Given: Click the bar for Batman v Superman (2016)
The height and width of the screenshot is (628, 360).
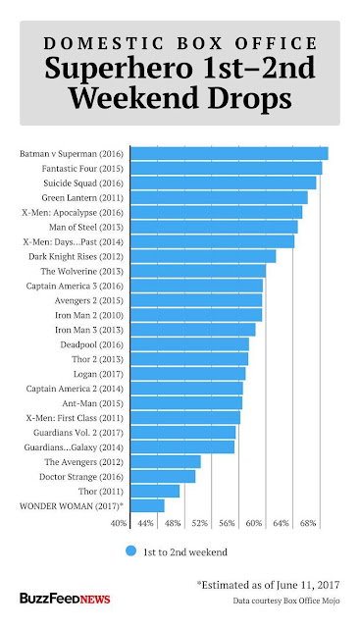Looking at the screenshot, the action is point(230,154).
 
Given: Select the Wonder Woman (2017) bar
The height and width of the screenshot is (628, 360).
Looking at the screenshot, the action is point(147,506).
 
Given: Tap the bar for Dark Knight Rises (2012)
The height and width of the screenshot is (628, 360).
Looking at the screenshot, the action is point(203,256).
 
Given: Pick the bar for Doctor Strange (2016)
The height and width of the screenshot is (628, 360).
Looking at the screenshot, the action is point(163,477).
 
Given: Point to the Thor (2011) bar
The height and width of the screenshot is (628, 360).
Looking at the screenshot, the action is point(155,491).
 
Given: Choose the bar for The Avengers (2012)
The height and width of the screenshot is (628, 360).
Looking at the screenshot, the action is point(166,462).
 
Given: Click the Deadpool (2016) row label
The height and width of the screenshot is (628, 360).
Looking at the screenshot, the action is point(91,344).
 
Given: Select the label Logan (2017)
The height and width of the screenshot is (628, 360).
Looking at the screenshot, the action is point(98,374).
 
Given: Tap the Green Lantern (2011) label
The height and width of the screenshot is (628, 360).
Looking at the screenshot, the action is point(82,198).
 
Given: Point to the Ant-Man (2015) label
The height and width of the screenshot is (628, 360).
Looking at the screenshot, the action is point(92,403).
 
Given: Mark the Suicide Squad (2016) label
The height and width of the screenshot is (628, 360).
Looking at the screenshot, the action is point(83,183).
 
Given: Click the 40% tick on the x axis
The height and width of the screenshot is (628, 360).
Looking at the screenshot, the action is point(119,523).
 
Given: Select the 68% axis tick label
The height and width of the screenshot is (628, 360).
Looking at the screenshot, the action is point(308,523).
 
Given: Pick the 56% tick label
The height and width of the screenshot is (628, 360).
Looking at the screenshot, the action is point(227,523).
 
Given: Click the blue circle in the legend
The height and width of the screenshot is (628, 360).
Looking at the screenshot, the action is point(130,551).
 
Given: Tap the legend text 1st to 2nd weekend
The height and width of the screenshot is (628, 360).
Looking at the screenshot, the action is point(185,552).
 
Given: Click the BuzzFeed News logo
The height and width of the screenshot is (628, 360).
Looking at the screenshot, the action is point(65,599).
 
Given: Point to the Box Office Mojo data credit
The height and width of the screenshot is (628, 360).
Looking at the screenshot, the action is point(286,601).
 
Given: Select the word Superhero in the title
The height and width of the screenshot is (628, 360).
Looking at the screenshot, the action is point(120,70).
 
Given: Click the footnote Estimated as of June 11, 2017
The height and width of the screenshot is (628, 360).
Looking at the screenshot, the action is point(268,585).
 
